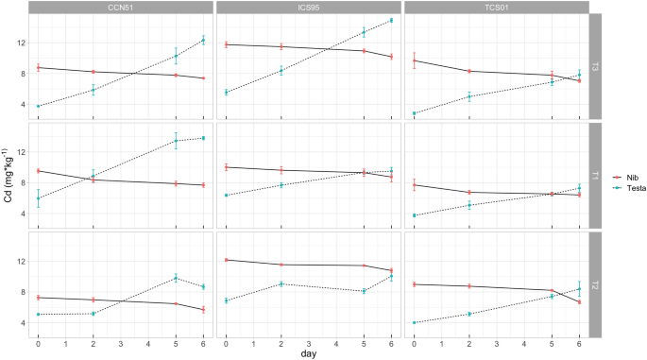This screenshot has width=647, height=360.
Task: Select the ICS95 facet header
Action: point(308,8)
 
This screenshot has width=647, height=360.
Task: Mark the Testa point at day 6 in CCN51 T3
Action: point(203,40)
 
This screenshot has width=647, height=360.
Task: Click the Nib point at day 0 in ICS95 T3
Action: point(226,44)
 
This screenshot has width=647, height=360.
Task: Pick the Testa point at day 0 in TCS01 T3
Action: point(414,113)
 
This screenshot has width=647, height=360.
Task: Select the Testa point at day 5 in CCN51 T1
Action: point(176,141)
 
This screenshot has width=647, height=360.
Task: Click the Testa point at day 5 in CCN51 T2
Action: point(176,278)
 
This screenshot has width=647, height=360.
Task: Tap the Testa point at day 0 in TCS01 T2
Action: point(414,322)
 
